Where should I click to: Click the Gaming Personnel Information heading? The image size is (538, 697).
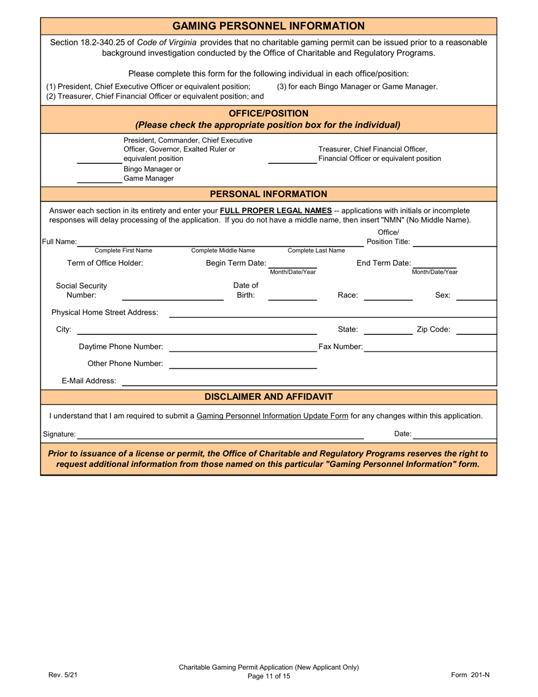click(x=268, y=26)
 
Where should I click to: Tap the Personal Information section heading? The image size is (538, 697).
click(x=268, y=194)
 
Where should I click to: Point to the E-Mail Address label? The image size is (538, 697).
click(x=89, y=381)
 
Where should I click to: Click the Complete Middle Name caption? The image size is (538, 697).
click(x=223, y=250)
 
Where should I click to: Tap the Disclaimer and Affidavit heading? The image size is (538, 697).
click(x=268, y=397)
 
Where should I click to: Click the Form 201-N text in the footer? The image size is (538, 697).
click(x=470, y=674)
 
